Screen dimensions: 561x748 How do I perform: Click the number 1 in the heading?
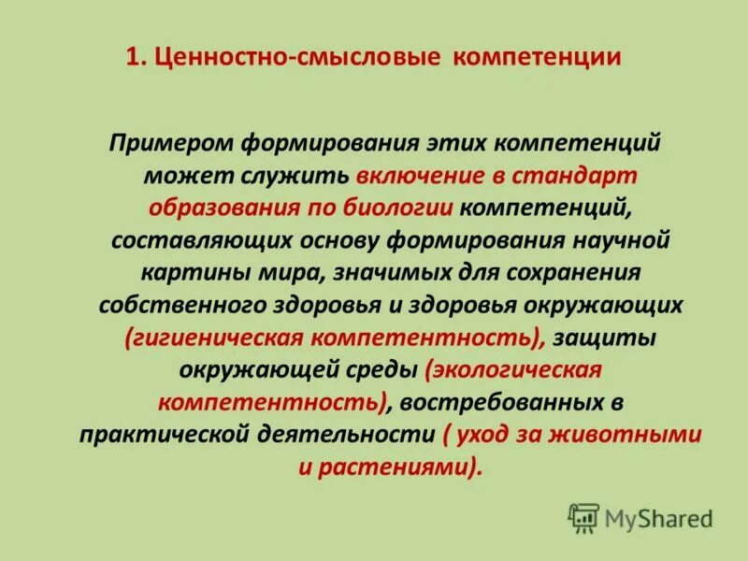[x=132, y=58]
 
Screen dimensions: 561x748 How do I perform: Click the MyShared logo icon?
[x=583, y=517]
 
